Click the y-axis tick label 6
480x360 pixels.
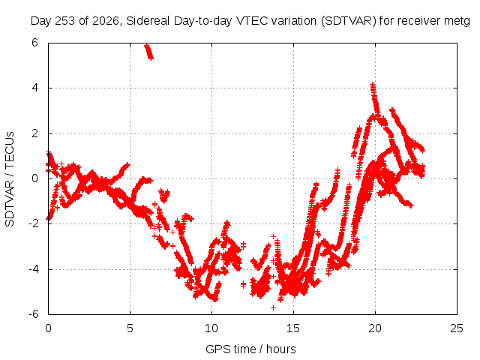pyautogui.click(x=34, y=43)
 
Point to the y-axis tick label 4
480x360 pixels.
pyautogui.click(x=34, y=88)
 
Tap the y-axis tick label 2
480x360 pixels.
pyautogui.click(x=34, y=133)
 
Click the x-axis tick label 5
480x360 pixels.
pyautogui.click(x=130, y=328)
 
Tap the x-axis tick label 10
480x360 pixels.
pyautogui.click(x=211, y=328)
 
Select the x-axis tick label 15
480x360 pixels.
pyautogui.click(x=293, y=328)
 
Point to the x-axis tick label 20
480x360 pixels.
pyautogui.click(x=375, y=328)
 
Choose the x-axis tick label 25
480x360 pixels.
pyautogui.click(x=457, y=328)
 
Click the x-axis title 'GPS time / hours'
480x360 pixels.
pyautogui.click(x=250, y=349)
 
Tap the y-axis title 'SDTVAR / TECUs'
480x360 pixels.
pyautogui.click(x=10, y=179)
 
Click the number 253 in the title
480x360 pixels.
pyautogui.click(x=65, y=21)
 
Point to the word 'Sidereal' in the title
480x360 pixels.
pyautogui.click(x=148, y=21)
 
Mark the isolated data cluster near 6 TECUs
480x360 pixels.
pyautogui.click(x=149, y=52)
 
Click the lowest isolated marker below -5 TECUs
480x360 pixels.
pyautogui.click(x=273, y=307)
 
